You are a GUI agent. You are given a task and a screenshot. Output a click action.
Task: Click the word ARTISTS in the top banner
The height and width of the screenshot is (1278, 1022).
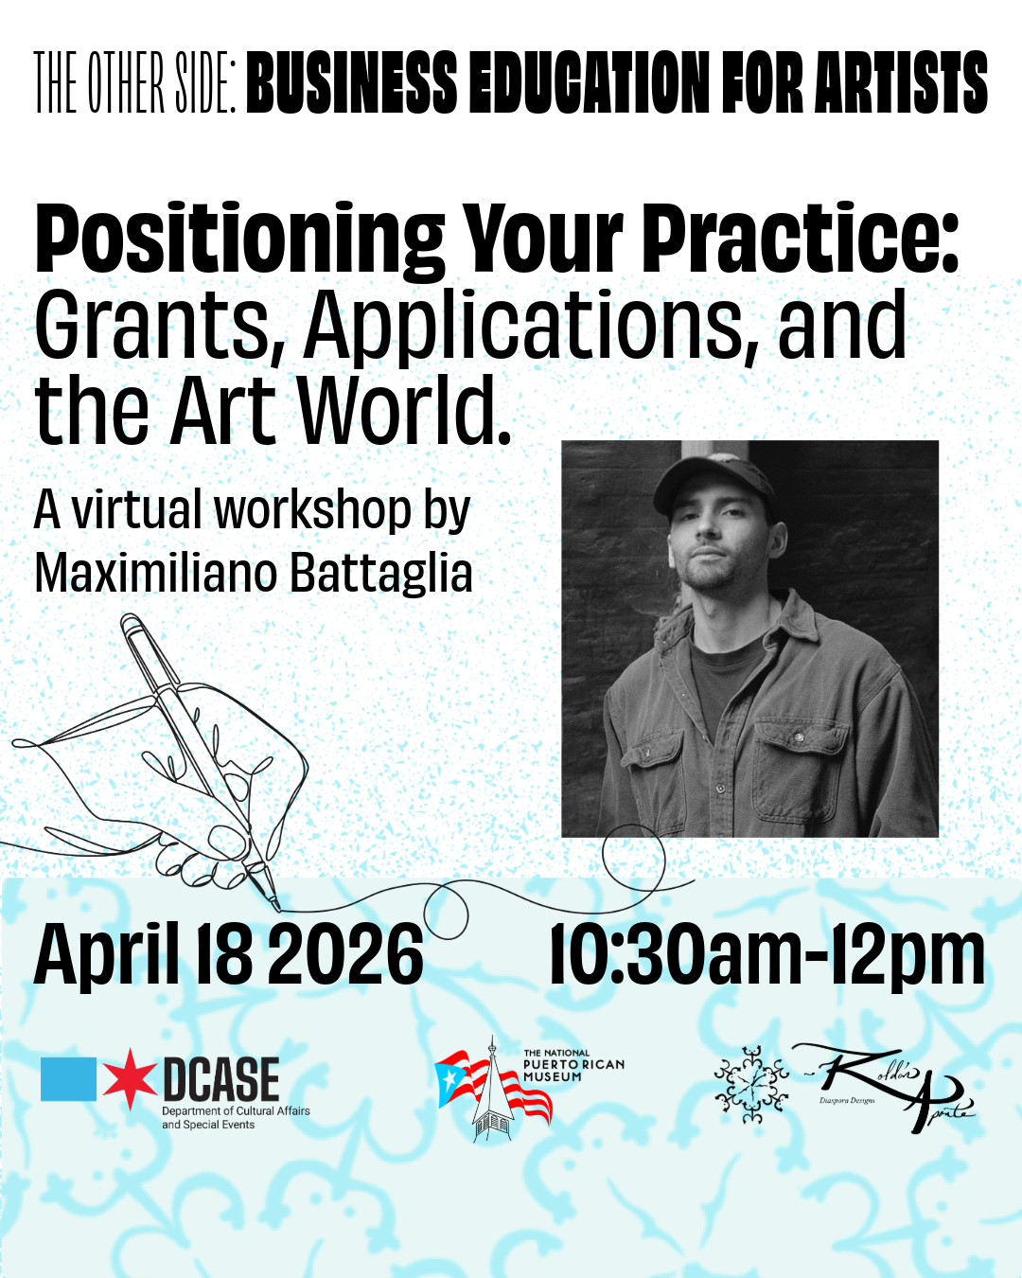[901, 82]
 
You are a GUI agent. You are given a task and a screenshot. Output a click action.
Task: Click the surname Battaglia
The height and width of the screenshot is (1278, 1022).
[381, 575]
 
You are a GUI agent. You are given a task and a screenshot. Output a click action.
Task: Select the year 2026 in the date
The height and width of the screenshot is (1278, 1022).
[345, 955]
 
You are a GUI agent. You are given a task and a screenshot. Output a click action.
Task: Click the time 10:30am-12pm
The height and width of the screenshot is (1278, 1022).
[767, 955]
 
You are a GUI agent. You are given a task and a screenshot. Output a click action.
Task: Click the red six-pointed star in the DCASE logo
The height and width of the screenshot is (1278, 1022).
[130, 1078]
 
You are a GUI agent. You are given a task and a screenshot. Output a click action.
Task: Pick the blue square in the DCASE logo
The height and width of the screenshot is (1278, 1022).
[68, 1078]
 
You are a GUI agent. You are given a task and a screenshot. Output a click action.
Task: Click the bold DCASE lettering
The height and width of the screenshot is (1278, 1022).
[220, 1079]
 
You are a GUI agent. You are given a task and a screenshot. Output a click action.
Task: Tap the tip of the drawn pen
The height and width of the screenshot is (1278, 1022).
[276, 909]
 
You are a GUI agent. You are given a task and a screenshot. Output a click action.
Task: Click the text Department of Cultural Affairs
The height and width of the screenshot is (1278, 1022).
[236, 1110]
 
